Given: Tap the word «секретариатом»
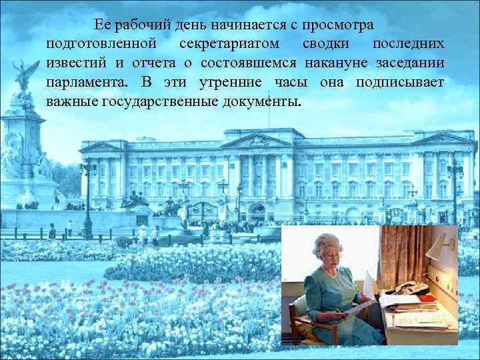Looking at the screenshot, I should pos(231,44).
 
